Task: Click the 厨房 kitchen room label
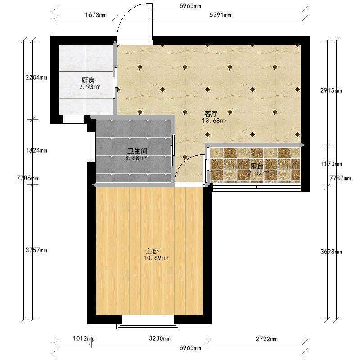[x=88, y=81]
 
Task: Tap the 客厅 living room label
[x=211, y=114]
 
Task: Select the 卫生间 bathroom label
[x=137, y=151]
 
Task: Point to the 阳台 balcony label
[x=256, y=166]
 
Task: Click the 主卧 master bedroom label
[x=153, y=252]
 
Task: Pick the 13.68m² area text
[x=214, y=121]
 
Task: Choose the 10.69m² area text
[x=156, y=258]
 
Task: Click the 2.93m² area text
[x=90, y=87]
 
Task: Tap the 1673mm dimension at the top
[x=96, y=15]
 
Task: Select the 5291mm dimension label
[x=220, y=15]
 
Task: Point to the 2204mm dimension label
[x=36, y=77]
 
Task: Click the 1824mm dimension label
[x=36, y=150]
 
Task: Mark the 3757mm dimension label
[x=36, y=250]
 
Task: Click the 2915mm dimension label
[x=331, y=90]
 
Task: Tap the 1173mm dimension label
[x=331, y=164]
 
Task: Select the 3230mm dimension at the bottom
[x=160, y=338]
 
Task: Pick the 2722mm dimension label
[x=267, y=339]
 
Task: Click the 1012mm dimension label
[x=84, y=338]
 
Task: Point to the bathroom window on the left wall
[x=91, y=147]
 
